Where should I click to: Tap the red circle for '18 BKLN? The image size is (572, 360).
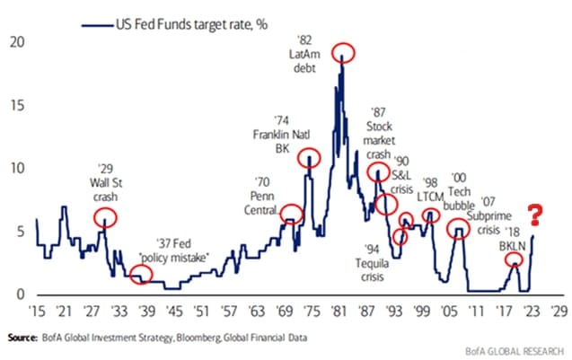tap(512, 260)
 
